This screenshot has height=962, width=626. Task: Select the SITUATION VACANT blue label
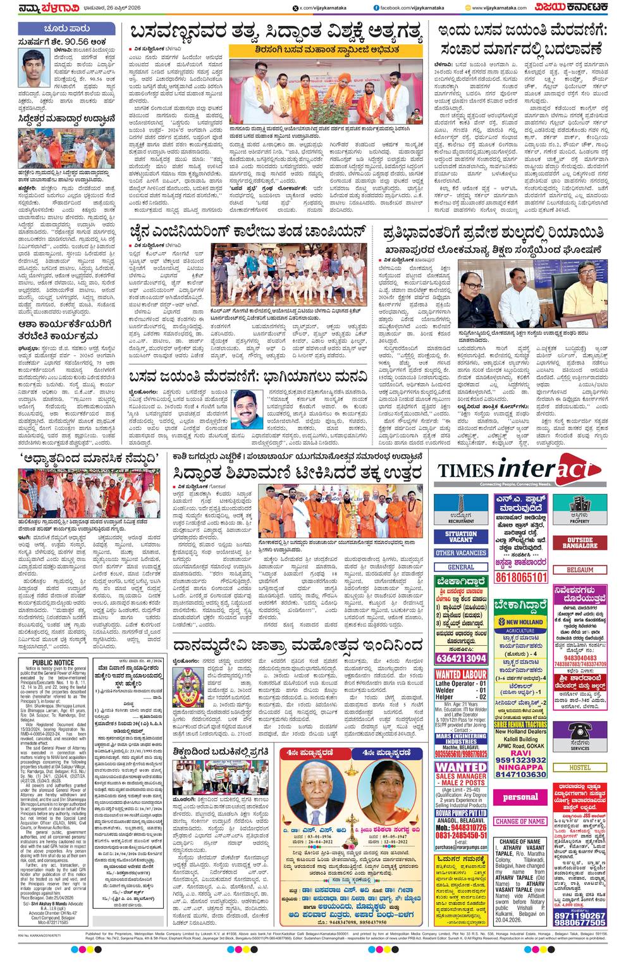(x=460, y=537)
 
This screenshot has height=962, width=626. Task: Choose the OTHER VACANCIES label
(x=460, y=553)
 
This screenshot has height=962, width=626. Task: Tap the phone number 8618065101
(x=521, y=577)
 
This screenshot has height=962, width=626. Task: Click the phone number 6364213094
(x=460, y=658)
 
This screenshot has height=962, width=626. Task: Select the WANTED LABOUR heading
(x=460, y=674)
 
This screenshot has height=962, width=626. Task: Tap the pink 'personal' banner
(x=520, y=797)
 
